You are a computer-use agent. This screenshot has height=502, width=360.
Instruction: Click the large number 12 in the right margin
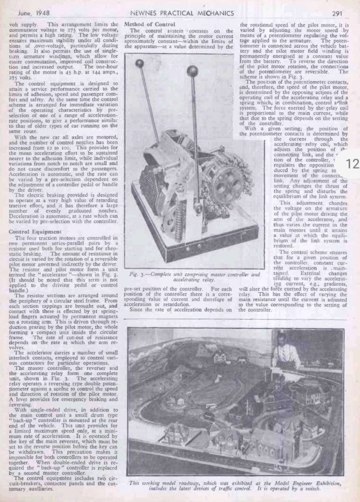pyautogui.click(x=353, y=164)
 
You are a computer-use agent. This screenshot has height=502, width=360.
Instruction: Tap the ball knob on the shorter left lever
pyautogui.click(x=140, y=63)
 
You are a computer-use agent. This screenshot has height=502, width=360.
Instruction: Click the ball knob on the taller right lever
pyautogui.click(x=193, y=71)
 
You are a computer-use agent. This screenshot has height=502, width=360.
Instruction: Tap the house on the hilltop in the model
pyautogui.click(x=218, y=357)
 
